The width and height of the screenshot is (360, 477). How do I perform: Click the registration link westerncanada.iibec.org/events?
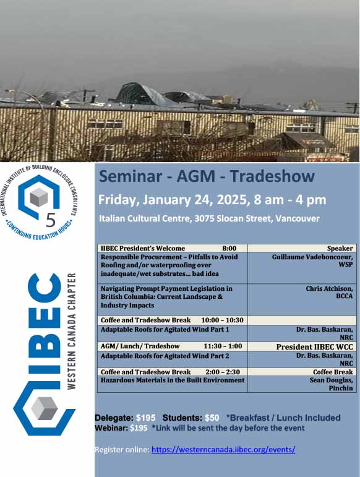pos(223,450)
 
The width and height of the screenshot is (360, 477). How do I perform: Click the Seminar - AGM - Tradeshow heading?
pos(207,177)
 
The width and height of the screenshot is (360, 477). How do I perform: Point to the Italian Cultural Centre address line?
pos(209,218)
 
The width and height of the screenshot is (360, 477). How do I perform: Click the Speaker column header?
pos(340,248)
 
